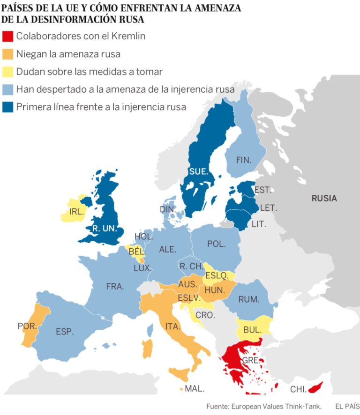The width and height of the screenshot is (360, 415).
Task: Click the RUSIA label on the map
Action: tap(324, 199)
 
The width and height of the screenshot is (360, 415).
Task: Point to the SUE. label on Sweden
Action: tap(198, 172)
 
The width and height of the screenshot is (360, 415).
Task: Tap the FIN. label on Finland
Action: tap(244, 160)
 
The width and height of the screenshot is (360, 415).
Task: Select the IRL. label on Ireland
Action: tap(76, 211)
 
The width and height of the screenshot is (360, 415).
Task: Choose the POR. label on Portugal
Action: tap(27, 326)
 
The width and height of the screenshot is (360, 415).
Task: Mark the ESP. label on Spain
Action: tap(65, 332)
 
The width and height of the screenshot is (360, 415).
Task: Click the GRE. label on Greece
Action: tap(250, 361)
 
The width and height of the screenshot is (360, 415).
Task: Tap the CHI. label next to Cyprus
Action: tap(298, 389)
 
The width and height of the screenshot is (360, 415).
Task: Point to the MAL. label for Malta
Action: tap(194, 389)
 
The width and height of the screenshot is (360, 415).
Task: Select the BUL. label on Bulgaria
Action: tap(252, 330)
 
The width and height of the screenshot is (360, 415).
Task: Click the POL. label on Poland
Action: tap(216, 244)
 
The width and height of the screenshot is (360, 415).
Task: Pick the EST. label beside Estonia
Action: tap(262, 190)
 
